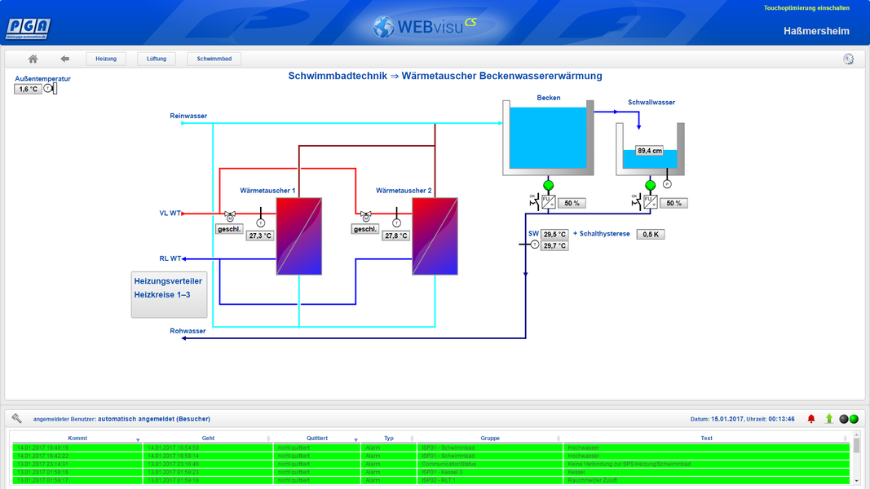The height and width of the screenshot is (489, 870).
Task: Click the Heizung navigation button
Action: (106, 59)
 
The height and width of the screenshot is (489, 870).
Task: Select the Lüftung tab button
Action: (157, 59)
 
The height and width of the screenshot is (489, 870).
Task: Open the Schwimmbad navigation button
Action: (214, 59)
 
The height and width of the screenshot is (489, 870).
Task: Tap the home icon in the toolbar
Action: (33, 59)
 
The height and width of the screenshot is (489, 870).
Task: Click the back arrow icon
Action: (65, 59)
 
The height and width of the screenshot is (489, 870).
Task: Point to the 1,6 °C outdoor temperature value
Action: (29, 89)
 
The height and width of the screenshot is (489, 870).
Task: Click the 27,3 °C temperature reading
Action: (260, 236)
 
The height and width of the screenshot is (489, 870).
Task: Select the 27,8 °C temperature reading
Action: (396, 236)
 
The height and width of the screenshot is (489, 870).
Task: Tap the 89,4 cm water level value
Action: (650, 151)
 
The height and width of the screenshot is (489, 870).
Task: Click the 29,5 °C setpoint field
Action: (554, 234)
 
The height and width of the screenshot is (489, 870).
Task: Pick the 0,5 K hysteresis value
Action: (651, 234)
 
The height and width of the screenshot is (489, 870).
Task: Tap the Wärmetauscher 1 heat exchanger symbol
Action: (298, 236)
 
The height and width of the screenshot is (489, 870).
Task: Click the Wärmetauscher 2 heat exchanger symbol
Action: (435, 236)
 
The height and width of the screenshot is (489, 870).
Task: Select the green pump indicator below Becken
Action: (548, 186)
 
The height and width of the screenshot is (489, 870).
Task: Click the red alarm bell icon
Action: (811, 419)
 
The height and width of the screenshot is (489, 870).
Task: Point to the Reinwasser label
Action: (188, 116)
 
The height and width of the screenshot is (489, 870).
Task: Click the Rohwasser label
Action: (188, 331)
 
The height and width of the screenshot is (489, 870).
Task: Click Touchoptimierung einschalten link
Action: (806, 8)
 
